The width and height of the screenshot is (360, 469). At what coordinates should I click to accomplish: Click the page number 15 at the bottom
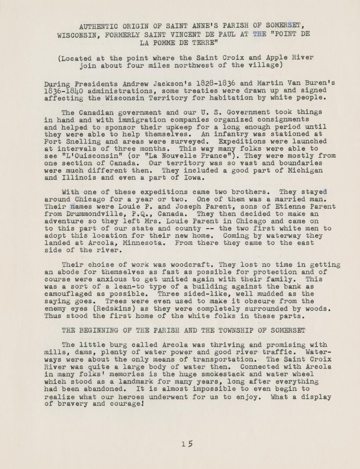point(187,444)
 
